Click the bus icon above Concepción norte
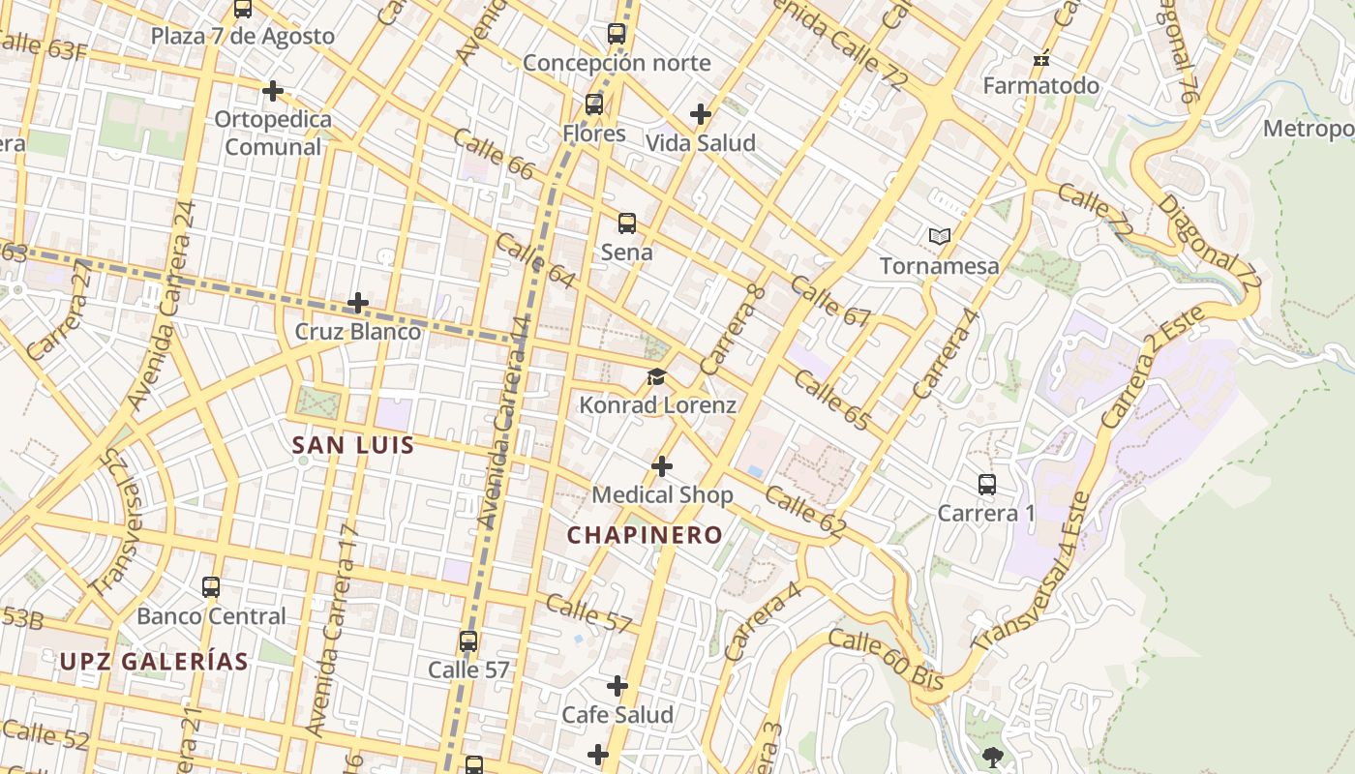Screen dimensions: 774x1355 [617, 34]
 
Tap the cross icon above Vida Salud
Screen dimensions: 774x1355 [701, 114]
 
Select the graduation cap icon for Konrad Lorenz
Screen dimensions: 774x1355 [657, 376]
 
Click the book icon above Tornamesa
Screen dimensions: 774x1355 [939, 236]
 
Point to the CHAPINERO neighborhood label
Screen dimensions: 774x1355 [645, 535]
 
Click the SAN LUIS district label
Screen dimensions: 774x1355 [353, 446]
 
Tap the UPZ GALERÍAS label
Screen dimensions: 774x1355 [154, 662]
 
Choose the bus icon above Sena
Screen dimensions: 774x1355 [627, 223]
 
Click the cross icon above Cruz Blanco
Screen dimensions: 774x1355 [358, 303]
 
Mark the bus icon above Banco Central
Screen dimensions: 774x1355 [211, 587]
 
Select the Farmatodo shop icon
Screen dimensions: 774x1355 [1041, 59]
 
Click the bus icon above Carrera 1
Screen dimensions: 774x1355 [986, 485]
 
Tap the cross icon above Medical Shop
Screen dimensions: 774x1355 [662, 467]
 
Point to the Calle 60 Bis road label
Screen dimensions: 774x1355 [885, 660]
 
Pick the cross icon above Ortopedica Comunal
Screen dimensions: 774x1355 [273, 91]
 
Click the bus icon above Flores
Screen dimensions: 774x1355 [594, 104]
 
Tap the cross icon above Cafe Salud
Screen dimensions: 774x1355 [617, 686]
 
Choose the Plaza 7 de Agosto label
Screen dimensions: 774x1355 [242, 37]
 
